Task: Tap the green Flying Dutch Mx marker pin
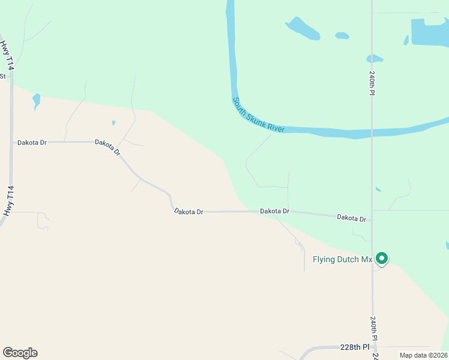pos(382,259)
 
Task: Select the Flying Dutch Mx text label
pos(343,260)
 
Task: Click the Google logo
pos(20,353)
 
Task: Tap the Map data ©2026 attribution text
pos(423,355)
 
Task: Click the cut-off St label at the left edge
pos(2,76)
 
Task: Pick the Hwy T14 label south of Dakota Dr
pos(8,201)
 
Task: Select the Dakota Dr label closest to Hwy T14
pos(32,142)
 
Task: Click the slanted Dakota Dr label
pos(108,147)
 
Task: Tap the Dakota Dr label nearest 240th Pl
pos(351,218)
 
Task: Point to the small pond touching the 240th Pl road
pos(374,59)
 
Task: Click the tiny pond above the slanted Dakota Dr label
pos(113,123)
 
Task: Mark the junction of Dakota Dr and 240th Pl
pos(372,220)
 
